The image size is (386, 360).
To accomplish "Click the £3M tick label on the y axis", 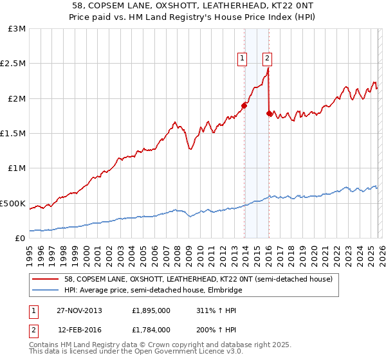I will tap(16, 29).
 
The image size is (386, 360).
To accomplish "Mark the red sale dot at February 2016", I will tap(269, 114).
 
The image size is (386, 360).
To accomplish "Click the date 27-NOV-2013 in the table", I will tap(84, 310).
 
